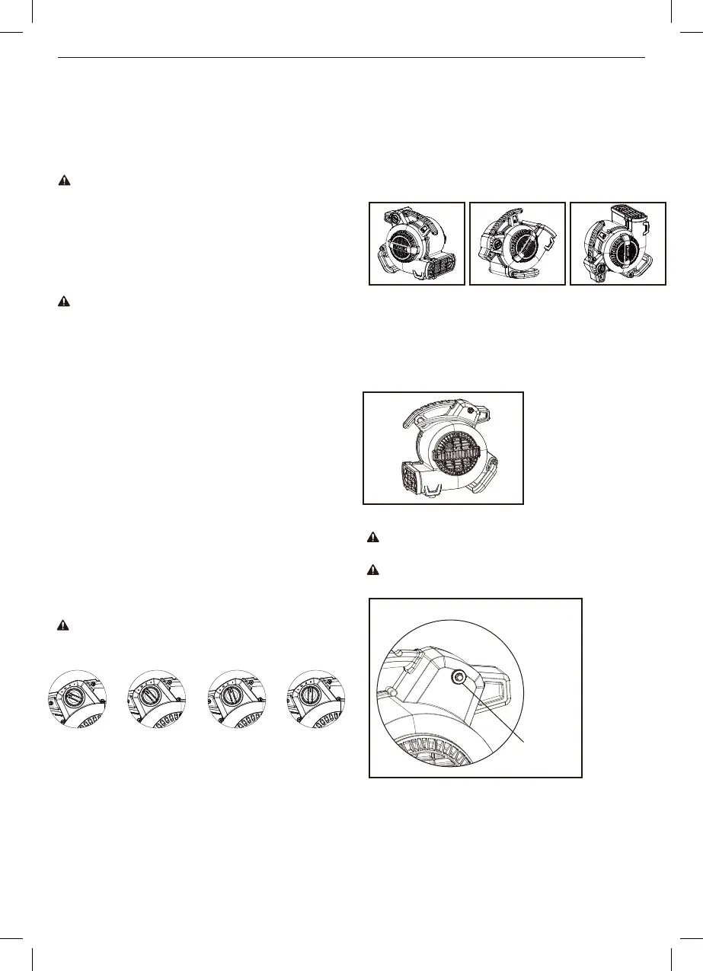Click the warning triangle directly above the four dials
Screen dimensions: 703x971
[63, 625]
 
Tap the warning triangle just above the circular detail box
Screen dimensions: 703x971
[373, 570]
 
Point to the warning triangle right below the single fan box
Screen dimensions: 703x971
[373, 537]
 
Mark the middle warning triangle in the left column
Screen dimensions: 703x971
[63, 302]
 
